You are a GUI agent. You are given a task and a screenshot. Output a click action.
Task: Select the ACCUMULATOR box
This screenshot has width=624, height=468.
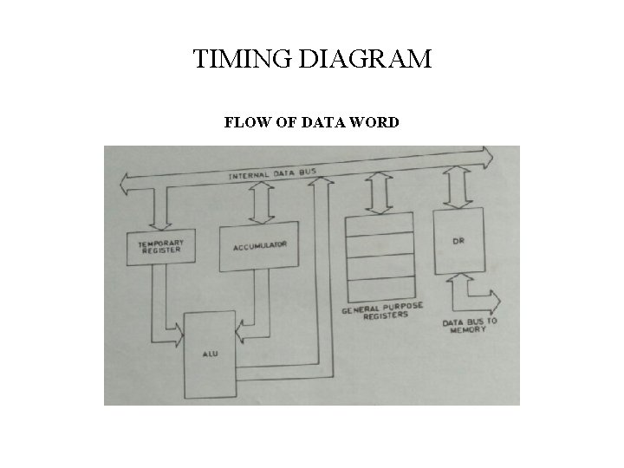tap(259, 246)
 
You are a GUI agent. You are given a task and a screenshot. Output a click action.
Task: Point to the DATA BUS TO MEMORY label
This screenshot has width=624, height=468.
tap(471, 326)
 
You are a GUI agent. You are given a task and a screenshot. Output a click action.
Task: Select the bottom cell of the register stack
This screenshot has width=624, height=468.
tap(380, 287)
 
